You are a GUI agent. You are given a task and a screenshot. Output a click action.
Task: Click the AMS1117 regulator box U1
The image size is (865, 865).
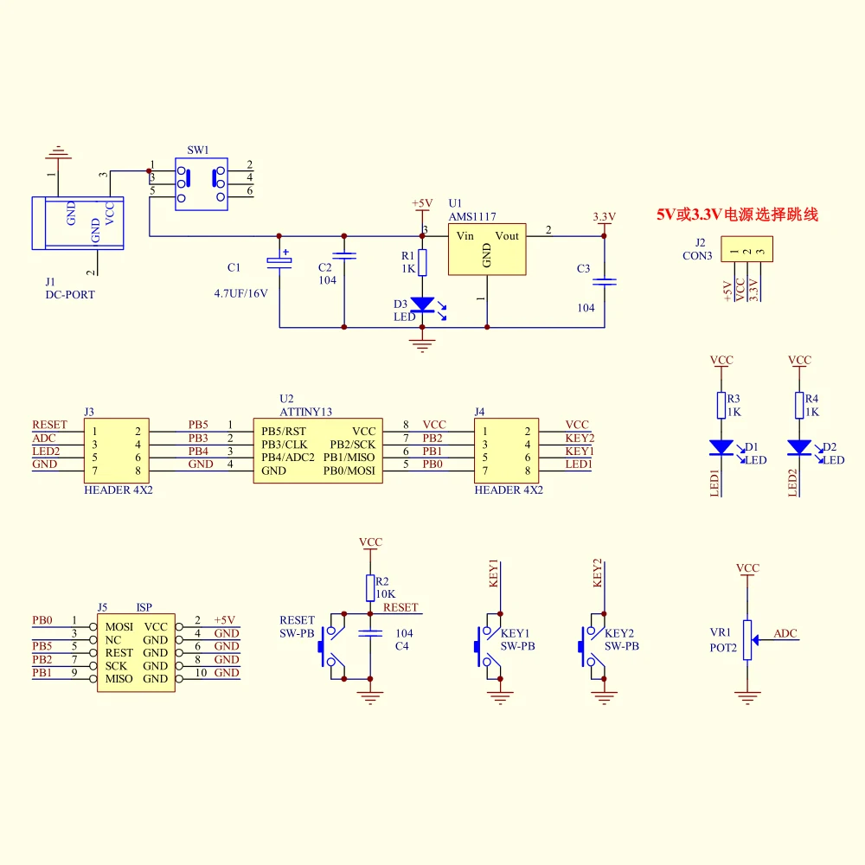click(487, 249)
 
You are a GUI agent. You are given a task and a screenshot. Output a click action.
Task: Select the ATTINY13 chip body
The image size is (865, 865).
click(317, 451)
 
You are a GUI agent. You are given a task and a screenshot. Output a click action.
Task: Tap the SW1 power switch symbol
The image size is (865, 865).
click(202, 184)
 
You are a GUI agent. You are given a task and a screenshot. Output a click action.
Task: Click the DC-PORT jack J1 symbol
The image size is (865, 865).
click(78, 223)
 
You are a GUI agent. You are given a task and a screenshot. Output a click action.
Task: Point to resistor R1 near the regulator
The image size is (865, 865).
click(423, 263)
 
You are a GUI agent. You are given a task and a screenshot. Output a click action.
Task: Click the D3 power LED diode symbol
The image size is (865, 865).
click(423, 304)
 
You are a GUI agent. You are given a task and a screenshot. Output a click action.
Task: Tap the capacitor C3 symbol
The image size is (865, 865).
click(604, 282)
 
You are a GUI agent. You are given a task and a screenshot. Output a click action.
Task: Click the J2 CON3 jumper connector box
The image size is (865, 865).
click(747, 249)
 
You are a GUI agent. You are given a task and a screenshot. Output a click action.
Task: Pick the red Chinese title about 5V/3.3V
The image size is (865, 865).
click(737, 215)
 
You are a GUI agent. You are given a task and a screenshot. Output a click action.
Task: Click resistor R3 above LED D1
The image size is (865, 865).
click(721, 406)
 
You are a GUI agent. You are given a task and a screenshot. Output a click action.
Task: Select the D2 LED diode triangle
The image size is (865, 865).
click(799, 447)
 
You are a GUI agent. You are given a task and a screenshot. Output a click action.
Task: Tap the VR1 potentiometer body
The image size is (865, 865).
click(747, 640)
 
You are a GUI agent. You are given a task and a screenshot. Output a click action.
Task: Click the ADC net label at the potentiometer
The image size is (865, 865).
click(785, 633)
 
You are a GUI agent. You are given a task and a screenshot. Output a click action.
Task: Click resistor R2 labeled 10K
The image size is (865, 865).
click(370, 588)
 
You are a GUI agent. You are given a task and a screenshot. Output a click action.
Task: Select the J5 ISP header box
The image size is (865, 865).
click(137, 652)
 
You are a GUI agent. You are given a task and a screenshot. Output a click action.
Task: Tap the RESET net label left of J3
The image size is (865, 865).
click(49, 425)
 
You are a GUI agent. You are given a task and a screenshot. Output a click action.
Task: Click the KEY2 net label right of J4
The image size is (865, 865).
click(580, 438)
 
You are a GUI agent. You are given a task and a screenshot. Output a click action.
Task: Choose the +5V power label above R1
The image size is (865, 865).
click(422, 203)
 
